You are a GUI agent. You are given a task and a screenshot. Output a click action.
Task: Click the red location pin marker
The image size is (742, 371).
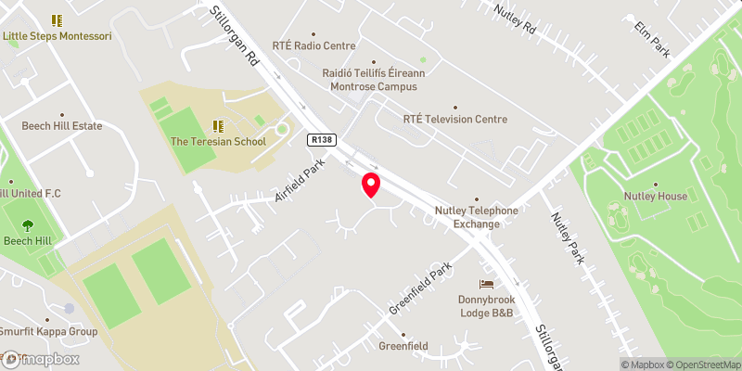coord(371,185)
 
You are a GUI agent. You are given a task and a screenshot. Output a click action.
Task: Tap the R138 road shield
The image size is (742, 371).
coord(320,138)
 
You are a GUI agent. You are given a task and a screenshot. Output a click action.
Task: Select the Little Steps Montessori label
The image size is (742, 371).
coord(58,36)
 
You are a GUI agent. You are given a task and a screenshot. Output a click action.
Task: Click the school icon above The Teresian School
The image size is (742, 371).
coord(218,125)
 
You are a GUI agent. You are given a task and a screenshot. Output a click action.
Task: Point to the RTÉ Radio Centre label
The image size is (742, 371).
coord(314,45)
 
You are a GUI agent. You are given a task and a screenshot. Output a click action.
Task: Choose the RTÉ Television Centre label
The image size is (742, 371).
coord(455,119)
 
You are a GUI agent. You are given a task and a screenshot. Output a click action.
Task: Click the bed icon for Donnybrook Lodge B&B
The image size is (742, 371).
coord(485,284)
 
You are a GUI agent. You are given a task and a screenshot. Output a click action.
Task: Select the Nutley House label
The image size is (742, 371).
coord(656,196)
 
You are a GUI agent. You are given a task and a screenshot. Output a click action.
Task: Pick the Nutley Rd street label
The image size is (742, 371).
coord(516,20)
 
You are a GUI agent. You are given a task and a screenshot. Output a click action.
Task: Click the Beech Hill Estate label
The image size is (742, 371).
coord(61,125)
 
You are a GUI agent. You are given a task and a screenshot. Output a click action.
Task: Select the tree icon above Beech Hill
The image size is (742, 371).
coord(26,224)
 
